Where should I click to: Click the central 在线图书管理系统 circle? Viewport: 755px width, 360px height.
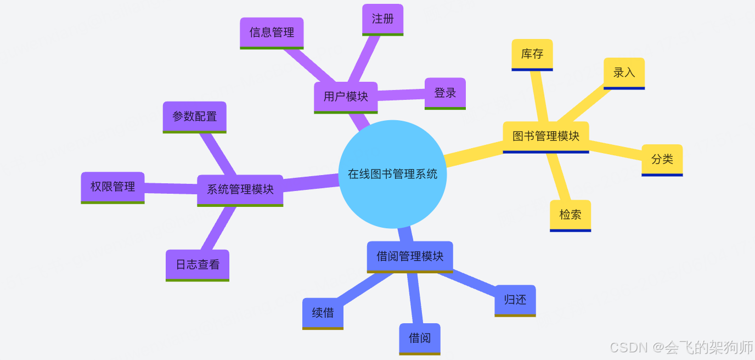(x=392, y=174)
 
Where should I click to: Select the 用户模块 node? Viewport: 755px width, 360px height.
(x=346, y=97)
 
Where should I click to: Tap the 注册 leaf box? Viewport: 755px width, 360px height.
(x=383, y=19)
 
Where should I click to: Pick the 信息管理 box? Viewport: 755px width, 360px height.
(x=272, y=32)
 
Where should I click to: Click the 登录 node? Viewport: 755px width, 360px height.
(x=445, y=93)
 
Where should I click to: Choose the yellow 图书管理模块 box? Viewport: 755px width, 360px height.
(x=546, y=136)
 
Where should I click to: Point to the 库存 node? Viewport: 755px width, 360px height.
(x=532, y=54)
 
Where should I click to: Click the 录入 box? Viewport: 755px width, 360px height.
(x=624, y=72)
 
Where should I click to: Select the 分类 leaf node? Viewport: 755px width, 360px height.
(x=662, y=159)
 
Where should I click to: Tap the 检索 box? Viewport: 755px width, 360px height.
(x=570, y=215)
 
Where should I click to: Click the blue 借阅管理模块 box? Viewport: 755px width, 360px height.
(x=410, y=256)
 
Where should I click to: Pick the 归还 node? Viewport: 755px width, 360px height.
(x=515, y=300)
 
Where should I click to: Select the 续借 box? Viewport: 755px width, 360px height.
(x=323, y=313)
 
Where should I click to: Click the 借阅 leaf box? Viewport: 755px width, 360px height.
(x=420, y=338)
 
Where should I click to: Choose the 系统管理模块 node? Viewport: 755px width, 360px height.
(x=240, y=190)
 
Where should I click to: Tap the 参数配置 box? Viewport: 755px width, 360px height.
(x=194, y=116)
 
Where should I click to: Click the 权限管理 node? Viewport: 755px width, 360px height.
(x=112, y=187)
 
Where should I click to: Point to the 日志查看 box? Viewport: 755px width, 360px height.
(x=198, y=265)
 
